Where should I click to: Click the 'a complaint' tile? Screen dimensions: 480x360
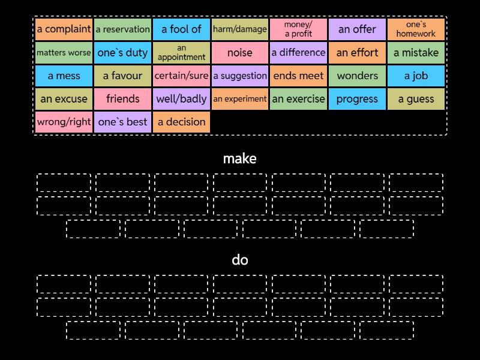coord(64,29)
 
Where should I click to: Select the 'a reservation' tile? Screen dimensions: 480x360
coord(122,29)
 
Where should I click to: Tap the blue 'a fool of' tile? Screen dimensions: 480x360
coord(181,29)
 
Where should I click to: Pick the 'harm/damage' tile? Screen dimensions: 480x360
coord(240,29)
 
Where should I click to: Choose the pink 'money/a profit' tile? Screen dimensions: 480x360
coord(298,29)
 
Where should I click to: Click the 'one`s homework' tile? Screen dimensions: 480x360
coord(416,29)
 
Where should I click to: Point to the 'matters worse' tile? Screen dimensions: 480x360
coord(64,52)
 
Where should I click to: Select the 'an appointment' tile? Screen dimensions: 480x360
coord(181,52)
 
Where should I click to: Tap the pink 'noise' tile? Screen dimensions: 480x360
coord(240,52)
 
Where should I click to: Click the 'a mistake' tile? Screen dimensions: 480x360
coord(416,52)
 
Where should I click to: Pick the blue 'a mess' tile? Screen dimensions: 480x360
coord(64,76)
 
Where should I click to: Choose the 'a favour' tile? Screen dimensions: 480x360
coord(122,76)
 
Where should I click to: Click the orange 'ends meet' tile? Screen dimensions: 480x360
coord(298,76)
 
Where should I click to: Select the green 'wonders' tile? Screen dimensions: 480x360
coord(357,76)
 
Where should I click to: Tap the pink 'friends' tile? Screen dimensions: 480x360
coord(122,98)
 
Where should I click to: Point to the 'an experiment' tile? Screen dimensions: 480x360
coord(240,98)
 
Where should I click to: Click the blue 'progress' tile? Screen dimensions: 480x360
coord(357,98)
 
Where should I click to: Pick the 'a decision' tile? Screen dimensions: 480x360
coord(181,122)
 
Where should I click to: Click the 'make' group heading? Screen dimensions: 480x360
coord(240,158)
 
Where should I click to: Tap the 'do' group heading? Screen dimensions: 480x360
coord(240,260)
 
